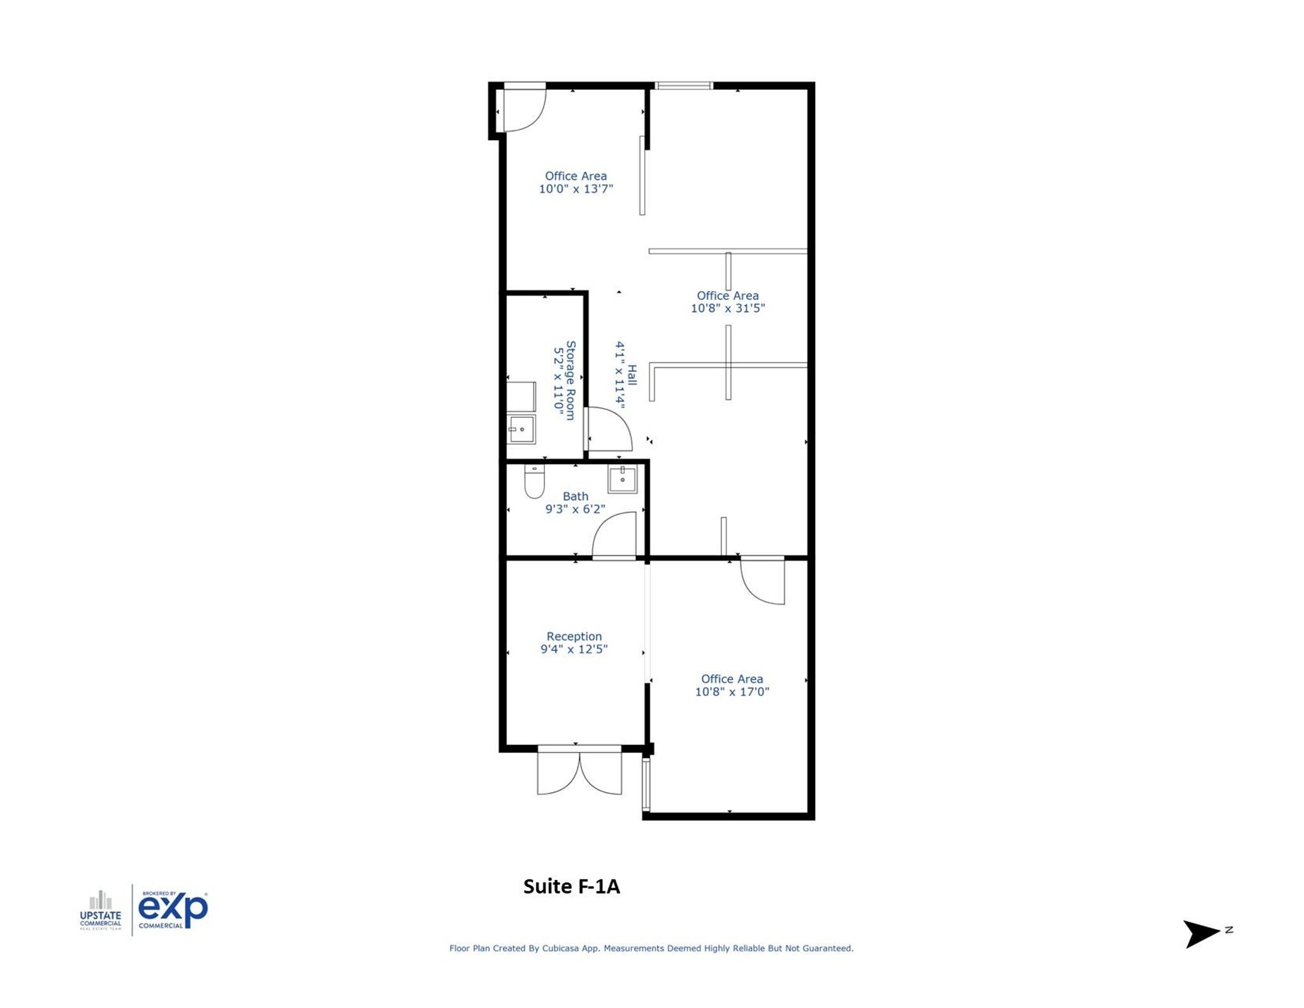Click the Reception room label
[x=574, y=636]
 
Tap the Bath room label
[x=575, y=496]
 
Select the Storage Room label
[x=570, y=380]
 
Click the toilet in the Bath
[x=534, y=481]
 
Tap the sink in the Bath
[x=622, y=479]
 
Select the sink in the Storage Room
[x=521, y=429]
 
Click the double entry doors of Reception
[x=579, y=770]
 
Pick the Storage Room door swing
[x=608, y=430]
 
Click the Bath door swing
[x=614, y=536]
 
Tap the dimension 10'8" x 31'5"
[x=727, y=308]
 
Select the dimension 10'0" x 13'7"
[x=576, y=188]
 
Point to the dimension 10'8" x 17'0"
[x=732, y=692]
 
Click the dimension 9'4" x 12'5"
[x=574, y=649]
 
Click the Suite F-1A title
[x=571, y=886]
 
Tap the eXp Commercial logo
[x=173, y=909]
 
